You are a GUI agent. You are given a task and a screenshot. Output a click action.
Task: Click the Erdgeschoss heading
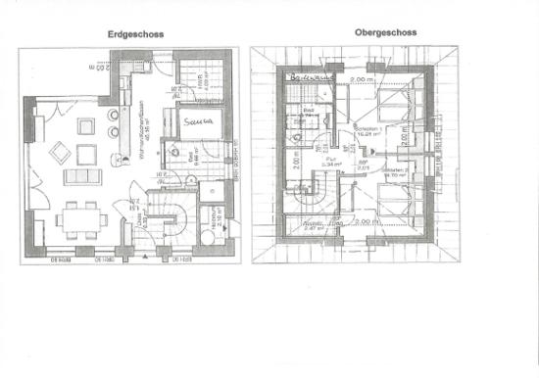pyautogui.click(x=135, y=33)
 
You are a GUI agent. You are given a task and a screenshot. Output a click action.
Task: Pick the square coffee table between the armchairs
pyautogui.click(x=83, y=152)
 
